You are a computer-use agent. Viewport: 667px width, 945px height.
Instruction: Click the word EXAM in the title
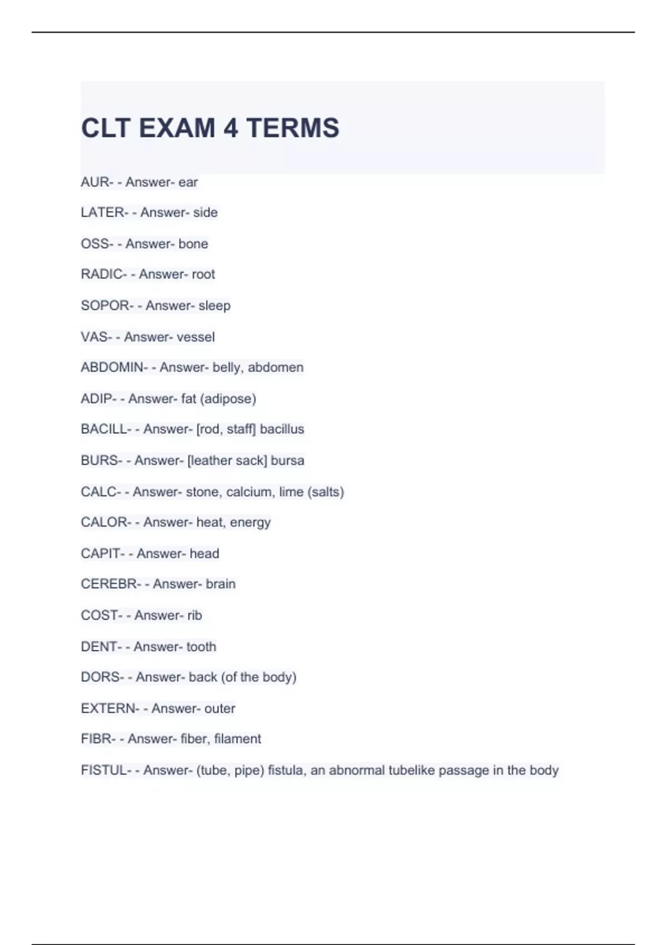(177, 128)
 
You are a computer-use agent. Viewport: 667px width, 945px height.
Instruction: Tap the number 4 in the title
(231, 128)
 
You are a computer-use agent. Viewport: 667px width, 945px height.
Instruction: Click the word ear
(188, 182)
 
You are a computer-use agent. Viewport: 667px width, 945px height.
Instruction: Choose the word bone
(193, 243)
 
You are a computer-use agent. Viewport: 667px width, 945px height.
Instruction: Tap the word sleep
(214, 306)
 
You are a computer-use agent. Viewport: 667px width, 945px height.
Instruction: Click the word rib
(195, 615)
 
